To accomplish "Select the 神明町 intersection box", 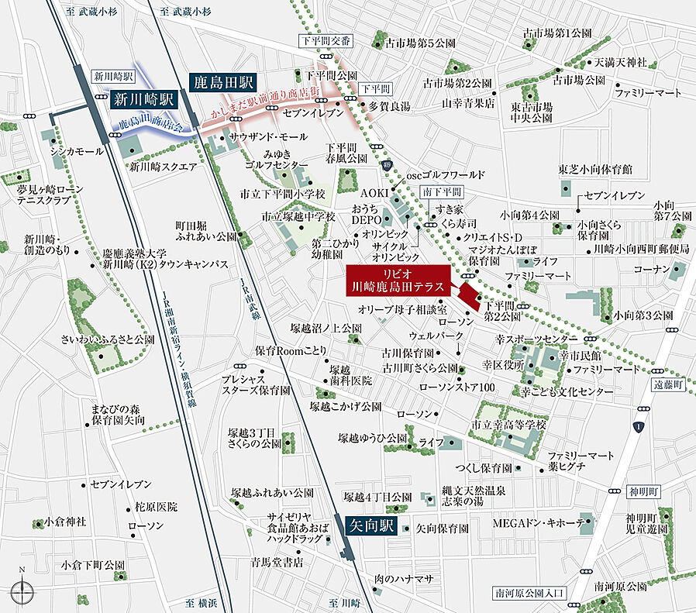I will (x=643, y=491).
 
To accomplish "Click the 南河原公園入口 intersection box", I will (x=531, y=593).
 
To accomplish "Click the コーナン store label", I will (x=651, y=269).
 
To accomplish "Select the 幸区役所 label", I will (x=503, y=363).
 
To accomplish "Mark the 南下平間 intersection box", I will (x=441, y=191).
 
